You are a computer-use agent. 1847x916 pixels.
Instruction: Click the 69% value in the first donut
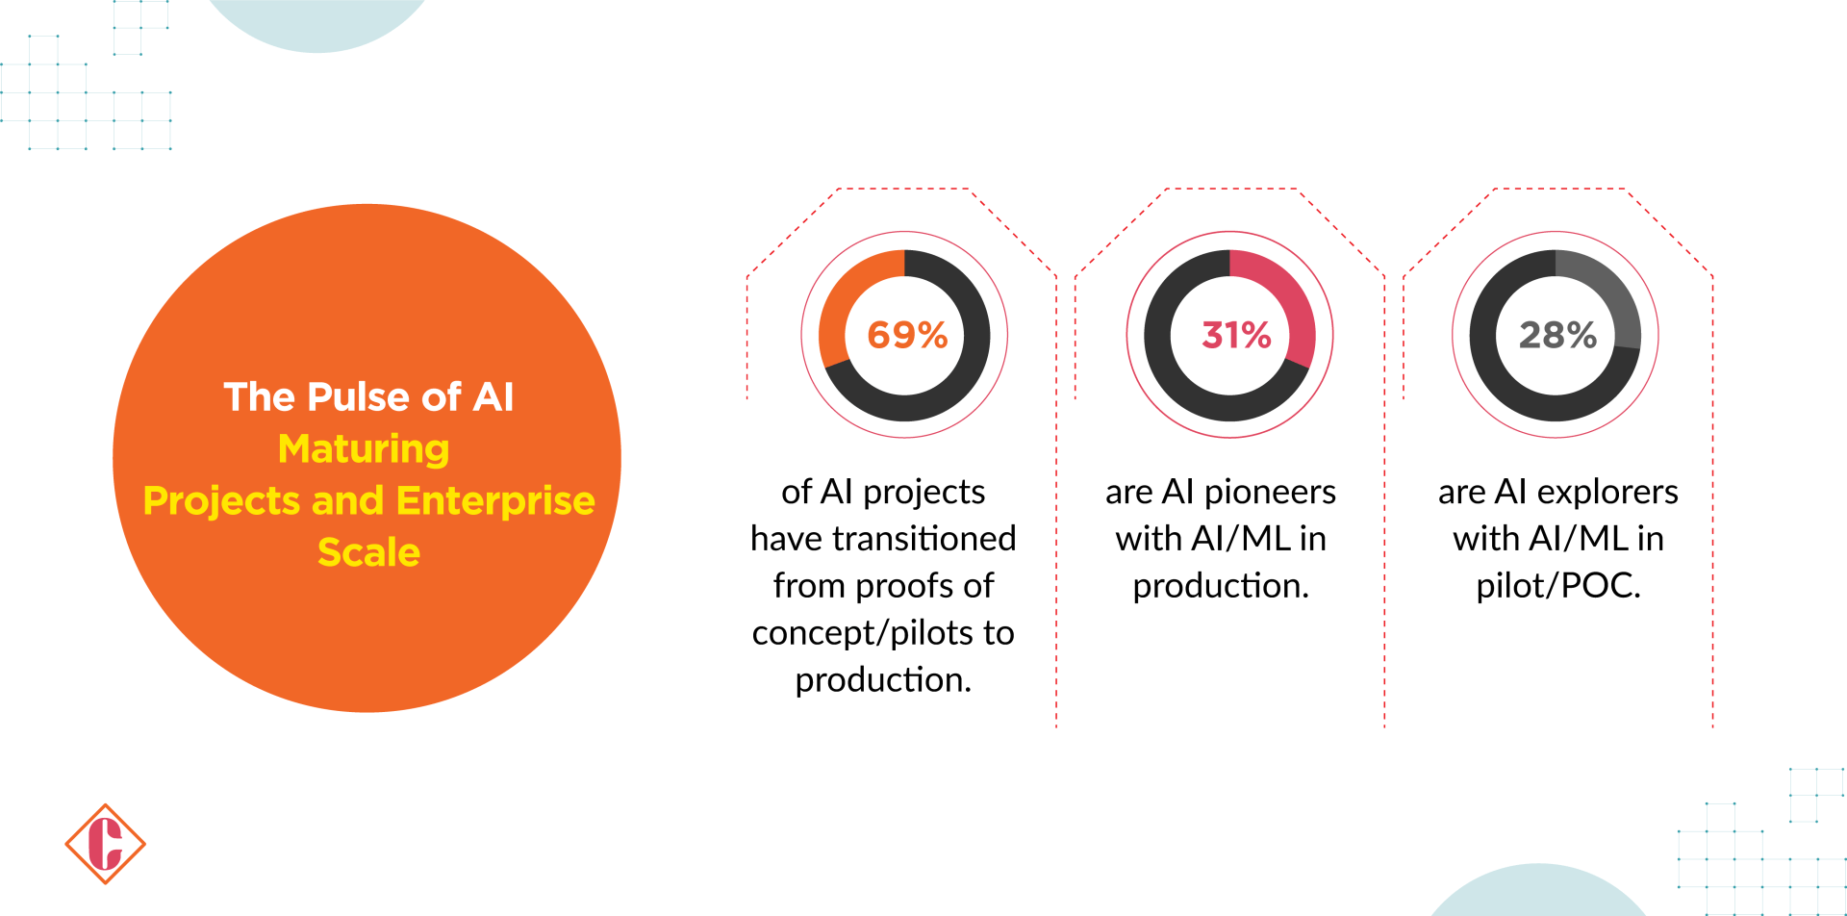907,335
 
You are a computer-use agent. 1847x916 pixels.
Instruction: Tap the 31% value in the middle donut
1236,335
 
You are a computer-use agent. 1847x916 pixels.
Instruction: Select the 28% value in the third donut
1557,335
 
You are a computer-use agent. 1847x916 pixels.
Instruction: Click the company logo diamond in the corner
105,844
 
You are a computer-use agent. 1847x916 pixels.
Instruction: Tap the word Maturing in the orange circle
364,449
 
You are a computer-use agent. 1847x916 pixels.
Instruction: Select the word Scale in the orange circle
368,552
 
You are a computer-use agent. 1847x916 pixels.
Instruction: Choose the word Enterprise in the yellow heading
495,500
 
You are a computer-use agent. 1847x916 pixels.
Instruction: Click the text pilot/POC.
1558,586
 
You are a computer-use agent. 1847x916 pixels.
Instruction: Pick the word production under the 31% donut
1221,586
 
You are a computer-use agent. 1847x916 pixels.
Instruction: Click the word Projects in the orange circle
221,500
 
